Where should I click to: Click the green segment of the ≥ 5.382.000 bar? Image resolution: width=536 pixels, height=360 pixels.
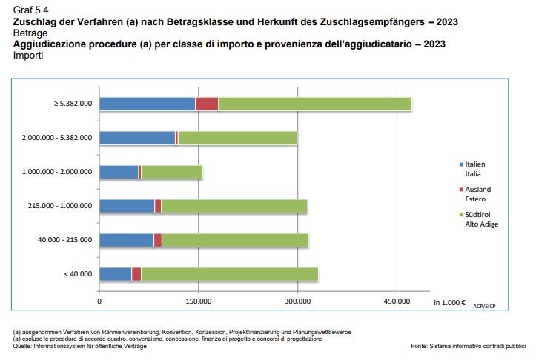315,104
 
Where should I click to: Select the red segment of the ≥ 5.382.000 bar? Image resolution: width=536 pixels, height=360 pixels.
207,104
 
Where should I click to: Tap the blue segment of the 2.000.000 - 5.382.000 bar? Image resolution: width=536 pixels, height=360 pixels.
137,138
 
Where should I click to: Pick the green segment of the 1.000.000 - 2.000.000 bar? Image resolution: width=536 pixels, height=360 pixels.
171,172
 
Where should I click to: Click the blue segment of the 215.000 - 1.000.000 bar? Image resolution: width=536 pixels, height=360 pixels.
127,206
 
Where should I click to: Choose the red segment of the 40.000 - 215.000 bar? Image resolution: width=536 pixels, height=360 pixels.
158,240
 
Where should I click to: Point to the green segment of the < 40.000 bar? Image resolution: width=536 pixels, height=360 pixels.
230,274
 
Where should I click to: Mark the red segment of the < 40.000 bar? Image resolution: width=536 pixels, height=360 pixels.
136,274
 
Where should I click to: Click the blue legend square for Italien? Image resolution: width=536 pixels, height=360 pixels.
460,164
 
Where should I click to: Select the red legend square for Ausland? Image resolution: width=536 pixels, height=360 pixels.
460,189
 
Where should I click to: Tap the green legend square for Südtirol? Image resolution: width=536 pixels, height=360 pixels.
460,214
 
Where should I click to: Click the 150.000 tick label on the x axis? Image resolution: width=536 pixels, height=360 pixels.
199,301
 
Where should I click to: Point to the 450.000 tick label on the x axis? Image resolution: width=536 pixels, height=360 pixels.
397,301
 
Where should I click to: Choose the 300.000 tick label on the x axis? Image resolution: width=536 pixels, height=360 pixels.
297,301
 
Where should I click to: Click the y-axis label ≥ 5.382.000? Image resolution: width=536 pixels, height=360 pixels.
73,104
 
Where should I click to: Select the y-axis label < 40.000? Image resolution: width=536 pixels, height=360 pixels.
78,274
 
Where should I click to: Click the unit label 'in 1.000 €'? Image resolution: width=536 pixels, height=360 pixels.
449,302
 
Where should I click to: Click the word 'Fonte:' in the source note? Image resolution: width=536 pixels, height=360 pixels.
419,346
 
